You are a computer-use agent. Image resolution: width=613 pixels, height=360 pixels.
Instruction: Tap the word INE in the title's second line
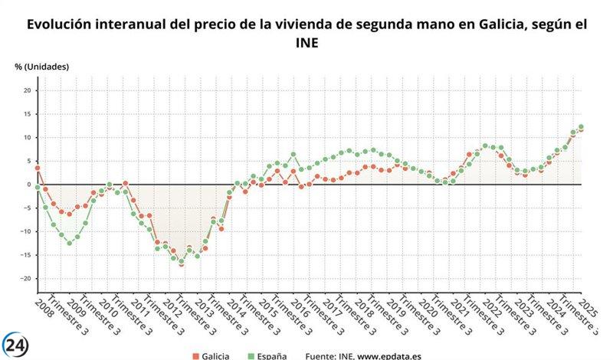[x=306, y=44]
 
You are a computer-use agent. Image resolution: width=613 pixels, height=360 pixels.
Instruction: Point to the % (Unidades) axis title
[x=41, y=67]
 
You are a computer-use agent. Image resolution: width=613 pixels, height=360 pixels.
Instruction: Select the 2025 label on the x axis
[x=588, y=309]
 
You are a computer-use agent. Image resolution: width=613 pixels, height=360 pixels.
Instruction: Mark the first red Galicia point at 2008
[x=37, y=168]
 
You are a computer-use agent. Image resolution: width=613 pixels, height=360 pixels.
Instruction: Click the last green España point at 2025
[x=581, y=127]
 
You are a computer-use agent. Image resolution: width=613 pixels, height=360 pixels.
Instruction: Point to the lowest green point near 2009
[x=69, y=243]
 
